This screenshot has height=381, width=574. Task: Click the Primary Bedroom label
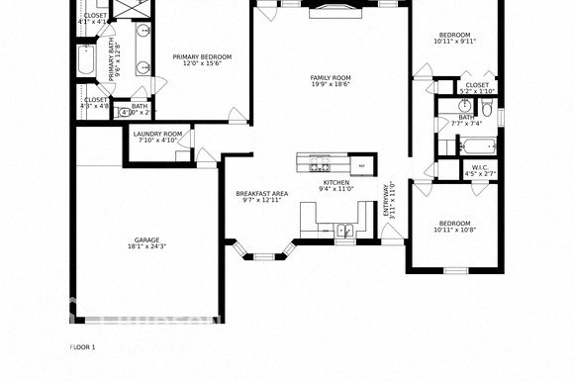(x=202, y=57)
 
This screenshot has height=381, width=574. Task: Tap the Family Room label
(x=331, y=78)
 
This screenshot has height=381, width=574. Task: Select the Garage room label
(x=146, y=240)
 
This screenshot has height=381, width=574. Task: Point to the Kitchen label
(x=336, y=183)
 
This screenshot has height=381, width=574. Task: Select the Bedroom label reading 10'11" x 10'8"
(x=455, y=224)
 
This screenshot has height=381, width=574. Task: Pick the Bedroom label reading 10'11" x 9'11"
(x=455, y=35)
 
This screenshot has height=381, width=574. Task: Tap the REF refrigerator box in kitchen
(x=361, y=165)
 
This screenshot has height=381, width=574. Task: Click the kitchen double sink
(x=343, y=231)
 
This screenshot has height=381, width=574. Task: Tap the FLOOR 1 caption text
(x=83, y=347)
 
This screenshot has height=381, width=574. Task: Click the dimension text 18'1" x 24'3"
(x=146, y=247)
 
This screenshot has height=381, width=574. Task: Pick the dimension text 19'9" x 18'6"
(x=331, y=85)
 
